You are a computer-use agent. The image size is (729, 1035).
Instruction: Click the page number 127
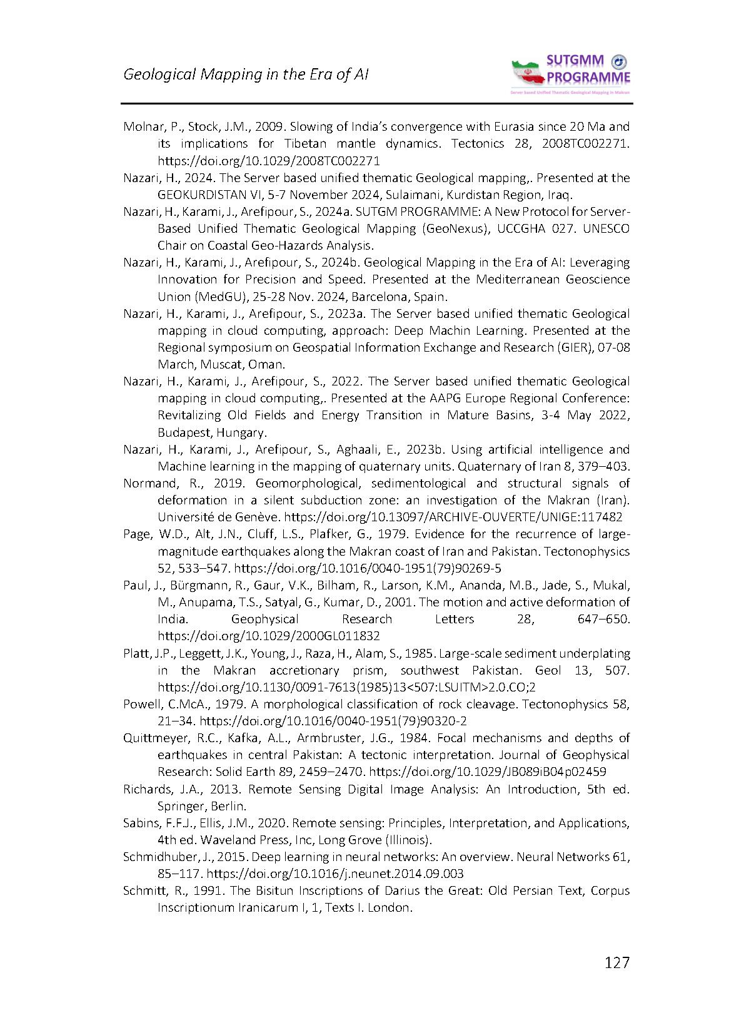[617, 962]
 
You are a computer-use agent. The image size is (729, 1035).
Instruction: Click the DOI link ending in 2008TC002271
[268, 160]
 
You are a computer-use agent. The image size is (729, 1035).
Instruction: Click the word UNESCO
[606, 228]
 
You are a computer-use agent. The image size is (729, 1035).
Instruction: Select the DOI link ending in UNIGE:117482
[453, 517]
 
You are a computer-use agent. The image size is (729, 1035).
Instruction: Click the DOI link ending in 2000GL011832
[268, 636]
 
